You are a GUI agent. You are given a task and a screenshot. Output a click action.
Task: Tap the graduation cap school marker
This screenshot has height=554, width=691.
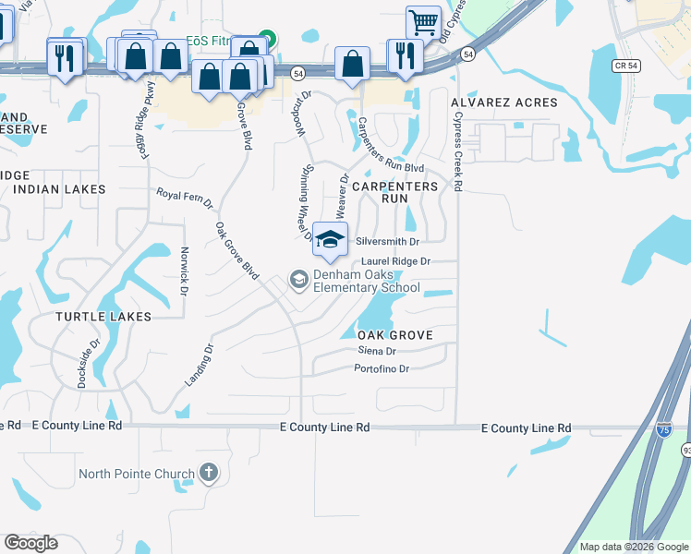point(330,240)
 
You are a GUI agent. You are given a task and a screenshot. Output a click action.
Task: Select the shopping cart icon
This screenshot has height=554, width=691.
point(422,21)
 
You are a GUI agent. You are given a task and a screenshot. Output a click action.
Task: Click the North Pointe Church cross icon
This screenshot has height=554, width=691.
point(209,475)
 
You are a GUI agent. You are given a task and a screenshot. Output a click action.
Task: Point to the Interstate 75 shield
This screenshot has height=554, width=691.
point(664,429)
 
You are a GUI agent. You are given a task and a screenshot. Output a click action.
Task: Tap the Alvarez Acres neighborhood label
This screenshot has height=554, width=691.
point(504,102)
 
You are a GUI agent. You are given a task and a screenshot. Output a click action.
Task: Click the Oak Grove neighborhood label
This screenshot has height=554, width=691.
point(394,334)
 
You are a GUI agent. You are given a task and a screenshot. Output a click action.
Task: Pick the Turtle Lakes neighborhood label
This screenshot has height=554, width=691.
point(103,317)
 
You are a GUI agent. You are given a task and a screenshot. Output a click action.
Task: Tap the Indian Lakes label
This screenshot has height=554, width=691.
point(59,189)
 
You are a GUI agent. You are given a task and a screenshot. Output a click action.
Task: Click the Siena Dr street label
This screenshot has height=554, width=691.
point(377,351)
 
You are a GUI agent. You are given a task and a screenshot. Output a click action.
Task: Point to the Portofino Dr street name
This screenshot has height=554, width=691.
point(382,368)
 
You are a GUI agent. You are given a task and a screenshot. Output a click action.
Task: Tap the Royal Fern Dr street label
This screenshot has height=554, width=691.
point(184,199)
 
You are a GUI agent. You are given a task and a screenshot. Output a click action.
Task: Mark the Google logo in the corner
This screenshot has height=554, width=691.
point(31,543)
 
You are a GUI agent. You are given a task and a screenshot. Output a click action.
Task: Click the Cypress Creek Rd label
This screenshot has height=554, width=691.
point(456,152)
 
